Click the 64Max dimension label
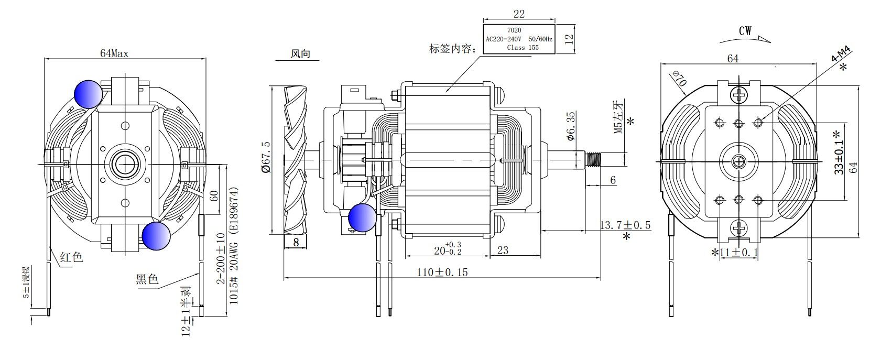(x=114, y=53)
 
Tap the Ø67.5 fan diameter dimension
(x=265, y=157)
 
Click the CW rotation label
(x=745, y=31)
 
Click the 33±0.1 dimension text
(x=839, y=152)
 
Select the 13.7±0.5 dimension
(x=625, y=225)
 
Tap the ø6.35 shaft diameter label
(x=571, y=126)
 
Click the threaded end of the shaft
(x=594, y=159)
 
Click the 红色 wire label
(x=71, y=257)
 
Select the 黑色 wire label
(x=147, y=279)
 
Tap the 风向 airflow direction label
(x=301, y=54)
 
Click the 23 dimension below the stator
(x=502, y=250)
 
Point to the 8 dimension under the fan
(x=296, y=242)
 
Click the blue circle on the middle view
(x=363, y=217)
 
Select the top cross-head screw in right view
(x=739, y=95)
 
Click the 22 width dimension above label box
(x=519, y=14)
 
